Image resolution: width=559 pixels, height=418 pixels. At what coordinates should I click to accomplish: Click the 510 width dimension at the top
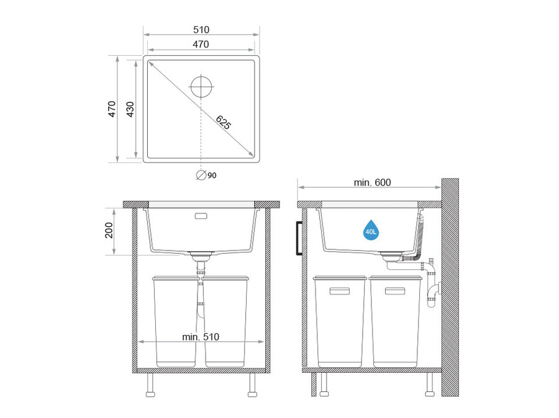(201, 30)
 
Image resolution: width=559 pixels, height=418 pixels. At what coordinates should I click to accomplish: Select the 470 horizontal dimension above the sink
(201, 44)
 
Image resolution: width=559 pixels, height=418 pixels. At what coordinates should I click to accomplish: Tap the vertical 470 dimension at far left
(112, 109)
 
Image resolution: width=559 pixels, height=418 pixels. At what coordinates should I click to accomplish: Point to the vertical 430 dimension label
(130, 109)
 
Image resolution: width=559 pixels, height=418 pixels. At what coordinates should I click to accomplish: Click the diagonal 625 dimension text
(224, 122)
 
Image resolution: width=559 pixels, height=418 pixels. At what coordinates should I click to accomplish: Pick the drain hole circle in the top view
(201, 87)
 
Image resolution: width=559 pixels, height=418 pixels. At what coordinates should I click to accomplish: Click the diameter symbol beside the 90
(201, 175)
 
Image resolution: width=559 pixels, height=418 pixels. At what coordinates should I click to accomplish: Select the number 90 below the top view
(212, 176)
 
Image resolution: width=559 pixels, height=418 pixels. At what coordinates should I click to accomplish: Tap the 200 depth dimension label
(109, 230)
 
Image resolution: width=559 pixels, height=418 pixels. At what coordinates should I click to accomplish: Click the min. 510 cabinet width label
(201, 337)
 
